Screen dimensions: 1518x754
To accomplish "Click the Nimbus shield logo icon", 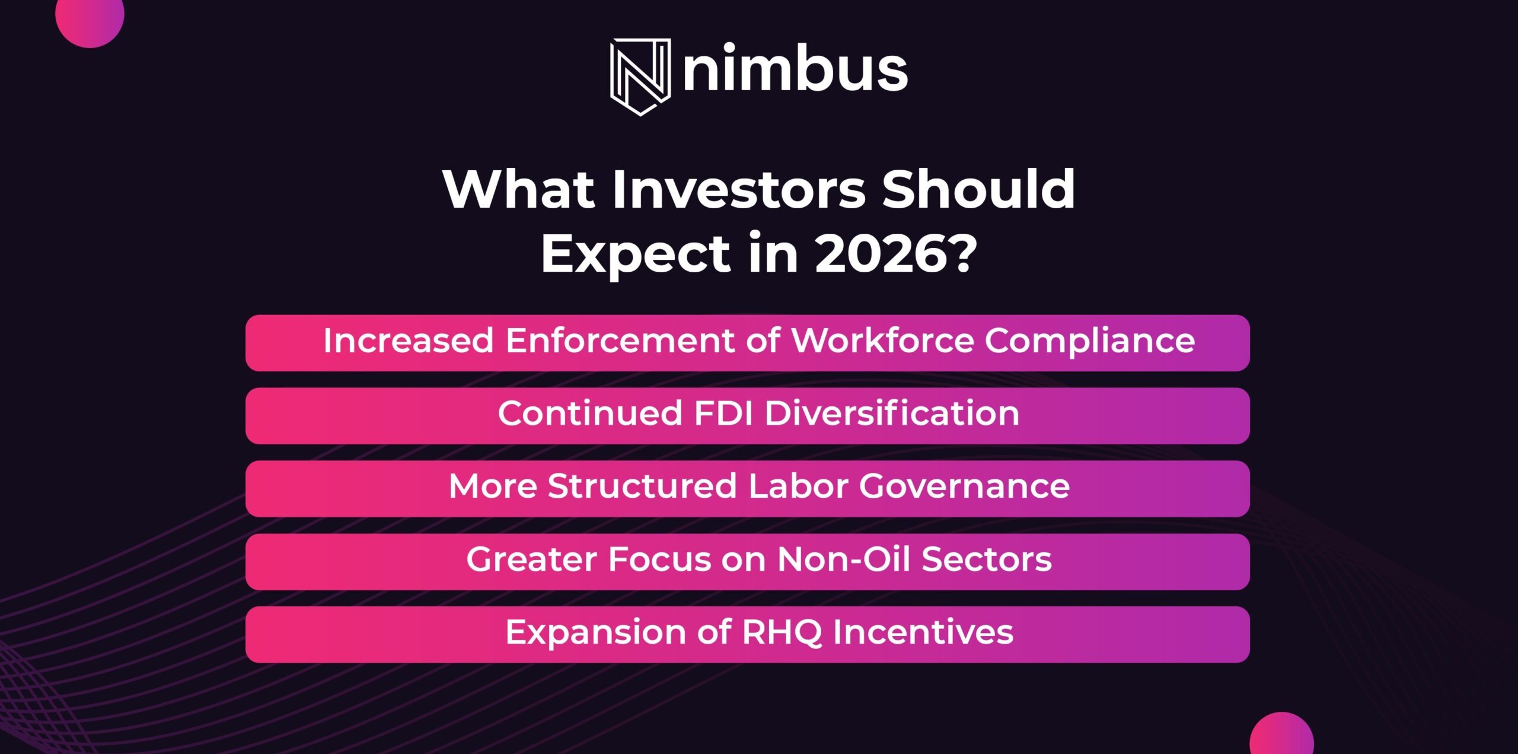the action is click(640, 77).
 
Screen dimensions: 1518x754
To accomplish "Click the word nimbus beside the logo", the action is click(795, 68).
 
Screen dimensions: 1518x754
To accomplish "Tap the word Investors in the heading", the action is click(739, 189).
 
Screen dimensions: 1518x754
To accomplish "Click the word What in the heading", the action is click(519, 189).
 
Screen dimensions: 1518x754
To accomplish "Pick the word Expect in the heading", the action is click(635, 255).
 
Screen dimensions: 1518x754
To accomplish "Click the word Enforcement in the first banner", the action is click(620, 341).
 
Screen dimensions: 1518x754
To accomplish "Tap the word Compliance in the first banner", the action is click(1090, 342).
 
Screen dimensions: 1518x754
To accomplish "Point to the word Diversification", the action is click(892, 413).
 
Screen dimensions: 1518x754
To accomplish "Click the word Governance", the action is click(964, 486).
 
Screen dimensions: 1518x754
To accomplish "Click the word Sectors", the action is click(987, 560).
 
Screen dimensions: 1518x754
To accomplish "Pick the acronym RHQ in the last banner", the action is click(782, 632).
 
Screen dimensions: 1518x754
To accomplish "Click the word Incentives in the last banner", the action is click(923, 632).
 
